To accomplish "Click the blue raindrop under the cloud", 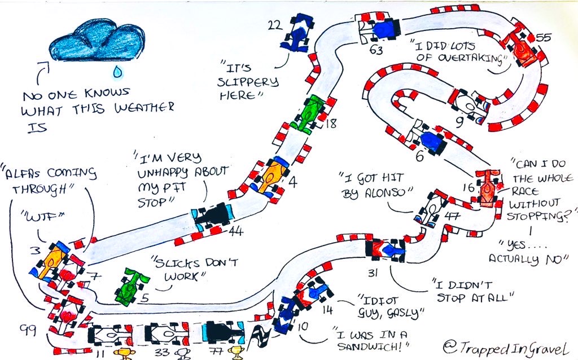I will pos(118,72).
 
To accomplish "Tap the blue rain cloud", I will pos(94,40).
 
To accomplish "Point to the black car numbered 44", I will pos(213,216).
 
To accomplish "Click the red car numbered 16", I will pos(488,187).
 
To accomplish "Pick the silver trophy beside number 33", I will pos(183,354).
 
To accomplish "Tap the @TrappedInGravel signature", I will pos(501,343).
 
